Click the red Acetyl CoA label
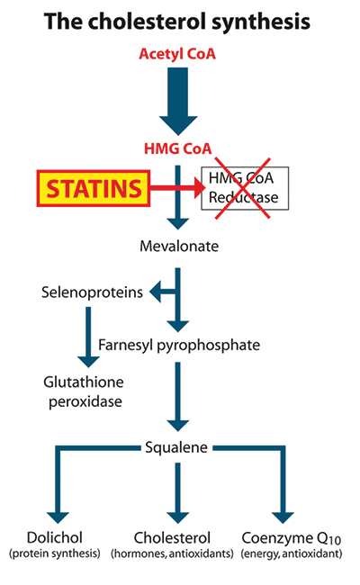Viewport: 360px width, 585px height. tap(177, 54)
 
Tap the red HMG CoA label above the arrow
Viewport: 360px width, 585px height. tap(177, 148)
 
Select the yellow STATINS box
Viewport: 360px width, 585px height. tap(94, 188)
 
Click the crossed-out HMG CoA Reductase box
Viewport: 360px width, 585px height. tap(245, 188)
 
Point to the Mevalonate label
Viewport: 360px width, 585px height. tap(179, 247)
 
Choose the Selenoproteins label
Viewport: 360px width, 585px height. tap(92, 292)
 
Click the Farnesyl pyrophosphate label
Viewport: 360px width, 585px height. tap(179, 345)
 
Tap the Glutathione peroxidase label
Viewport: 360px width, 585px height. tap(85, 391)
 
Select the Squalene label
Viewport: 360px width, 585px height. tap(176, 447)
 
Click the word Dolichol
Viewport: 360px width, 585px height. tap(55, 537)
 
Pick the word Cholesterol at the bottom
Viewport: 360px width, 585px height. tap(172, 537)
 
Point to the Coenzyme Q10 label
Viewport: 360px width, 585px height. tap(292, 538)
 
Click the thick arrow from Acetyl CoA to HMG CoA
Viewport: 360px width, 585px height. tap(178, 101)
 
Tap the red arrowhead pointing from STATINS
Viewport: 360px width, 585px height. tap(200, 188)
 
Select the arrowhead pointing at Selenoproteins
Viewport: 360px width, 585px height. tap(155, 292)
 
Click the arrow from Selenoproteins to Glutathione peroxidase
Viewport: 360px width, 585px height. tap(88, 337)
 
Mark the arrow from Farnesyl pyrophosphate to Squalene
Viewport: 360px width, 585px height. tap(178, 397)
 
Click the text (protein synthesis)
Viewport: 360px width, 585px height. tap(55, 553)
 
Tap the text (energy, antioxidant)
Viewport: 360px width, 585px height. tap(292, 553)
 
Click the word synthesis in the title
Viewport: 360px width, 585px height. tap(261, 22)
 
